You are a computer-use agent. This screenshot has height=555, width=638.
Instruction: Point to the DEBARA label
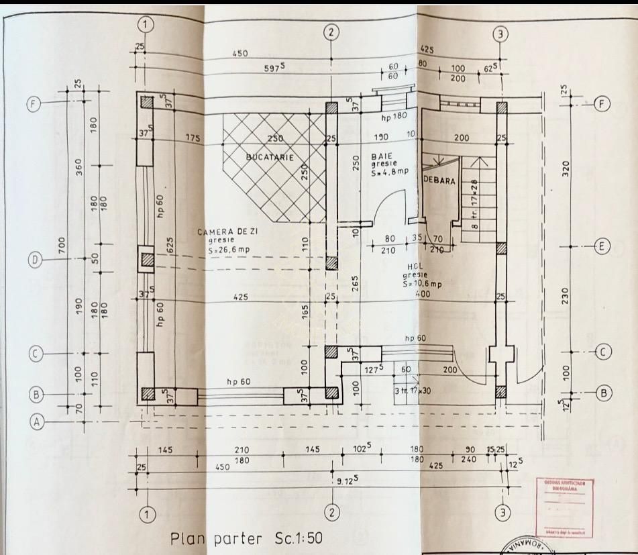click(439, 181)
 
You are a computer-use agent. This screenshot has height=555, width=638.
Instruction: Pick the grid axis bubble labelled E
click(601, 247)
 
